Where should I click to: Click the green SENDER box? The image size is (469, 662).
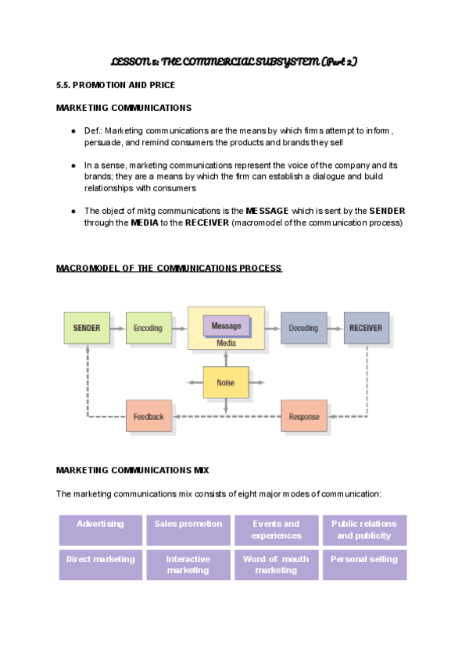[87, 328]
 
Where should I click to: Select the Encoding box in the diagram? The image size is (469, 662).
[149, 328]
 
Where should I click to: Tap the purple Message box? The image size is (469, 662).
[227, 326]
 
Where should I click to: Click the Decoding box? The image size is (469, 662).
[304, 328]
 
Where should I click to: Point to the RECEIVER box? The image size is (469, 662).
[366, 328]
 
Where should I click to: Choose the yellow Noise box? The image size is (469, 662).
[226, 383]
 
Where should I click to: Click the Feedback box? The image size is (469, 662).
[149, 416]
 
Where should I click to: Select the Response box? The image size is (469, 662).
[304, 416]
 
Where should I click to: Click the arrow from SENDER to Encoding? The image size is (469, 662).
[118, 328]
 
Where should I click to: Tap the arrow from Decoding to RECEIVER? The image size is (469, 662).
[335, 328]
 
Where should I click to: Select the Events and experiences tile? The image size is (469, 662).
[276, 529]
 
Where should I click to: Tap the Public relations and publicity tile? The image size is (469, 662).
[364, 529]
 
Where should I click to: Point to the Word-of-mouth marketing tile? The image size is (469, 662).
[276, 564]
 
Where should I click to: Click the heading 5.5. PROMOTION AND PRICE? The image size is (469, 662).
[116, 84]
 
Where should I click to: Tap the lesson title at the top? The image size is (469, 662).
[234, 61]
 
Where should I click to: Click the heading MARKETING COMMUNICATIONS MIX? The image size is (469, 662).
[133, 470]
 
